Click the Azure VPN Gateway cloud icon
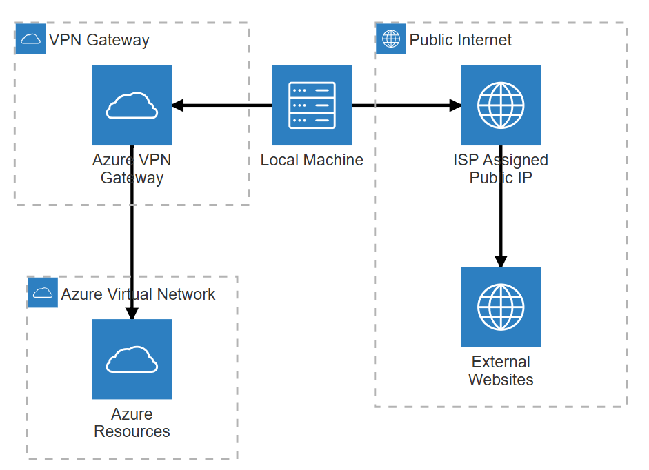(x=132, y=105)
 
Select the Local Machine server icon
(x=312, y=105)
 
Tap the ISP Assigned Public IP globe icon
(x=501, y=105)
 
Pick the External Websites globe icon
(x=501, y=307)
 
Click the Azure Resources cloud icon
(x=132, y=359)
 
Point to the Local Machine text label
(x=312, y=160)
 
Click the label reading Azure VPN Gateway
(x=132, y=169)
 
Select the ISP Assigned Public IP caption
(x=501, y=169)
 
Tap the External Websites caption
(x=501, y=371)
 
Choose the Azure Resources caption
(x=132, y=422)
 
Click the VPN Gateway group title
(x=99, y=40)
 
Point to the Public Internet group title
(x=460, y=40)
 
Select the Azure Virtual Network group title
(x=138, y=294)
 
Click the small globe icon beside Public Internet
(x=391, y=39)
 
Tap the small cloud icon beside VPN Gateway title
(x=30, y=39)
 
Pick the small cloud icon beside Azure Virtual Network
(x=43, y=293)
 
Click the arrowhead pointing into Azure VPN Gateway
(x=177, y=105)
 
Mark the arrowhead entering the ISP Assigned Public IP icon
(x=455, y=105)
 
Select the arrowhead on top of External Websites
(x=501, y=261)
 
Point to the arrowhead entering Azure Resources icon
(x=132, y=314)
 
